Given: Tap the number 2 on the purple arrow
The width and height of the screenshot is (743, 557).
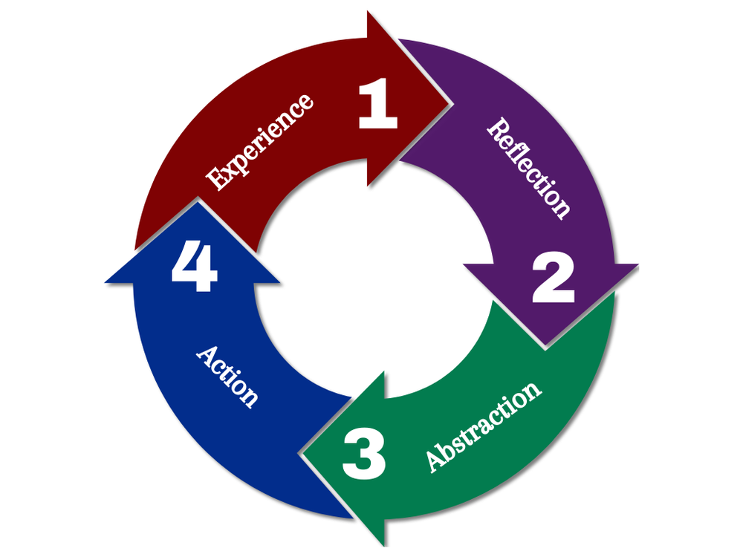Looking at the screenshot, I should pos(554,279).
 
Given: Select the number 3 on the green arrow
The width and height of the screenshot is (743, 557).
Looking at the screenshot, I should pos(364,455).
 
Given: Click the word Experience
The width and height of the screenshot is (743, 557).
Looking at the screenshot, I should pos(260,141).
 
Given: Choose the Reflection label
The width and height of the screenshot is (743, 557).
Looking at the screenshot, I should pos(529,168).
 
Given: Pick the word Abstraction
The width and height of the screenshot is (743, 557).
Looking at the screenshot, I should pos(483,426).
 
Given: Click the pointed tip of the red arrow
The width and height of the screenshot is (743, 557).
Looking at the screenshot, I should pos(451,100).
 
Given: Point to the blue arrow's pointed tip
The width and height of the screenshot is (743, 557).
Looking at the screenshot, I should pos(195,201).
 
